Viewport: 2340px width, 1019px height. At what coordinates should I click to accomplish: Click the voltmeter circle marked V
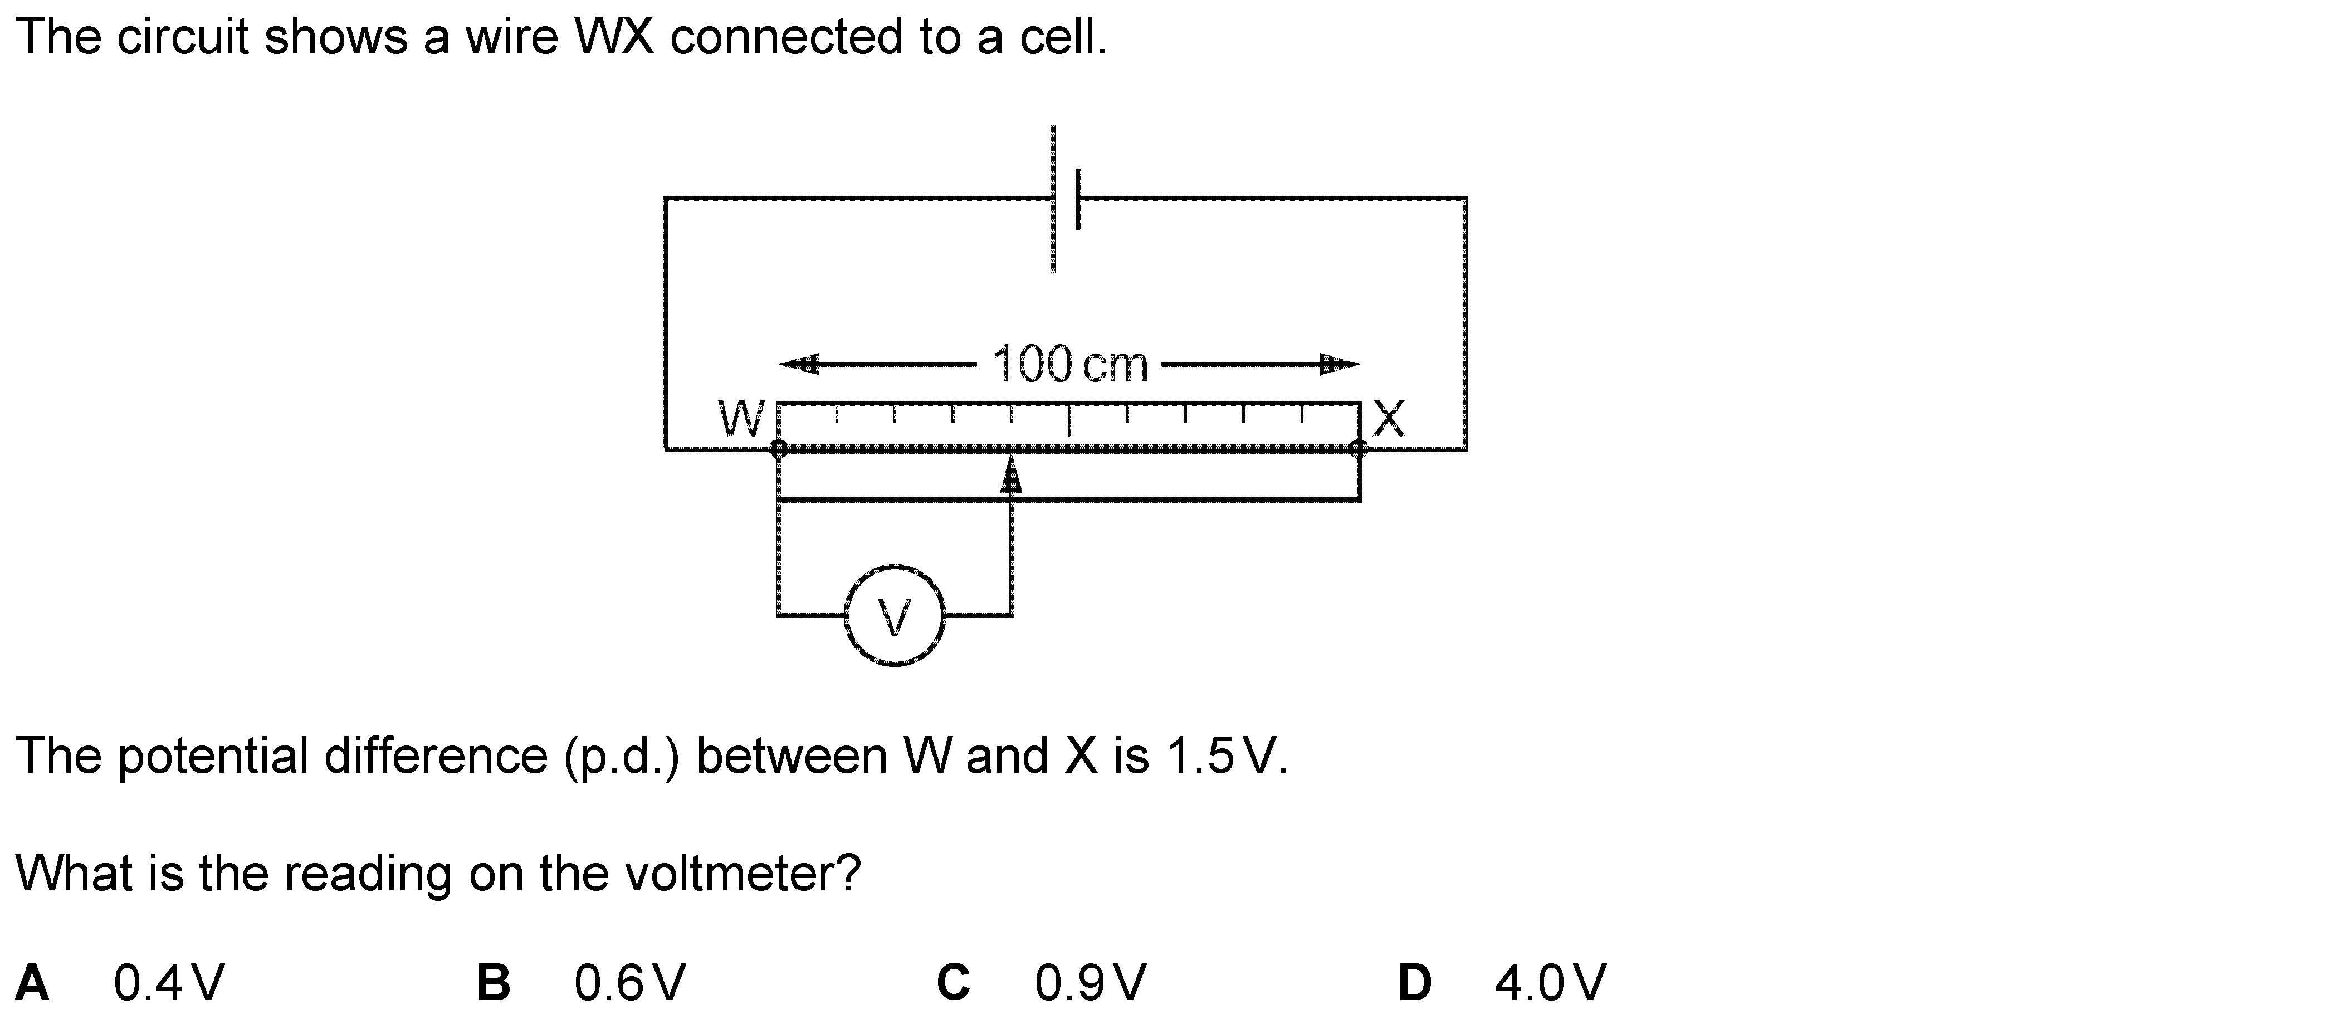895,616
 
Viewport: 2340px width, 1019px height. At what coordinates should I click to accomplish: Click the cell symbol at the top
1064,198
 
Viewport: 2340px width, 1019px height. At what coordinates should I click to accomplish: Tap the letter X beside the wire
1389,420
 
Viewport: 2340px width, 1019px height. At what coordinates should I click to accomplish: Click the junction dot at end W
779,448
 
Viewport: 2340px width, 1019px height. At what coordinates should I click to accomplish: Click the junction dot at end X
1359,448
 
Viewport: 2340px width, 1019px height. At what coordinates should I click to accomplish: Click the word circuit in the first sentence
182,38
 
